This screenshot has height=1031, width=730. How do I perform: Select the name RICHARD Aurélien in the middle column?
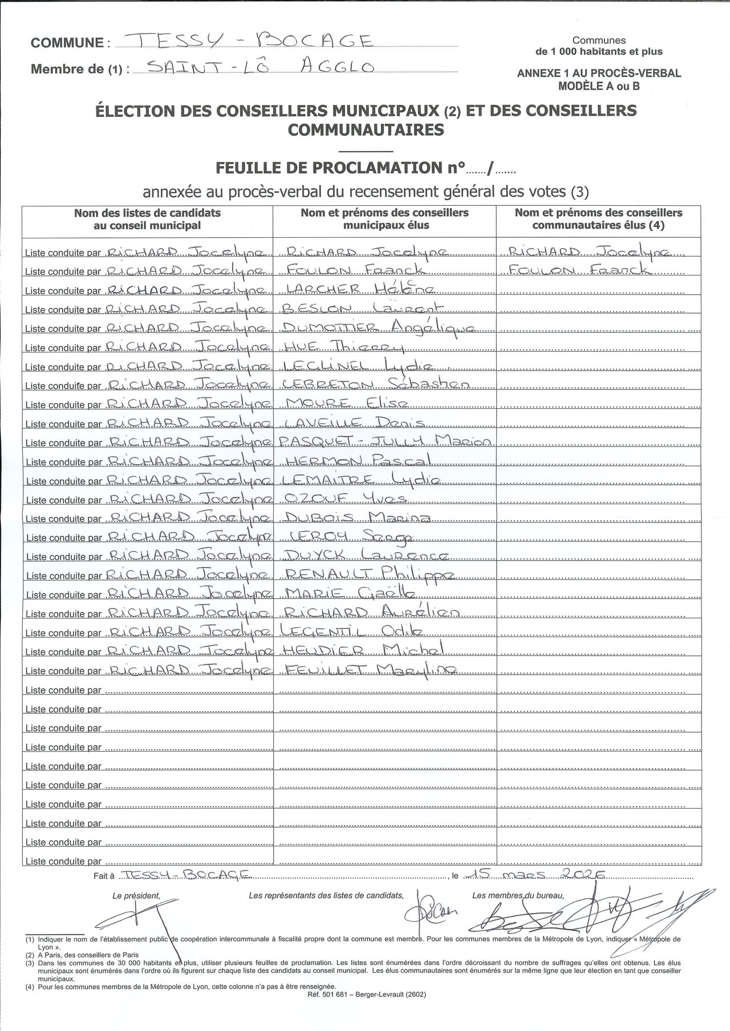371,612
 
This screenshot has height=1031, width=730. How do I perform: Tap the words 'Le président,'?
136,896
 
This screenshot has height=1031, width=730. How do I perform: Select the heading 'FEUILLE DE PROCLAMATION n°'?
340,168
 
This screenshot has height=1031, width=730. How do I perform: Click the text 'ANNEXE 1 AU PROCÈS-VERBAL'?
599,74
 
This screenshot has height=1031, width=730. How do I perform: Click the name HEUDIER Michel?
362,651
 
